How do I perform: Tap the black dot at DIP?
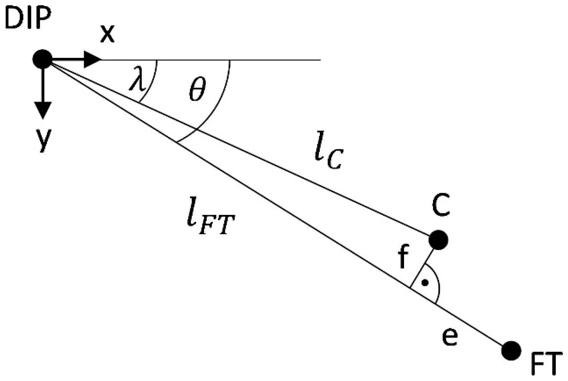pyautogui.click(x=42, y=59)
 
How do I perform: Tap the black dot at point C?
pyautogui.click(x=438, y=240)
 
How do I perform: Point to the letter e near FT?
pyautogui.click(x=449, y=337)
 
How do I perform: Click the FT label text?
pyautogui.click(x=546, y=365)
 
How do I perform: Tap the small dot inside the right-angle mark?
pyautogui.click(x=425, y=283)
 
